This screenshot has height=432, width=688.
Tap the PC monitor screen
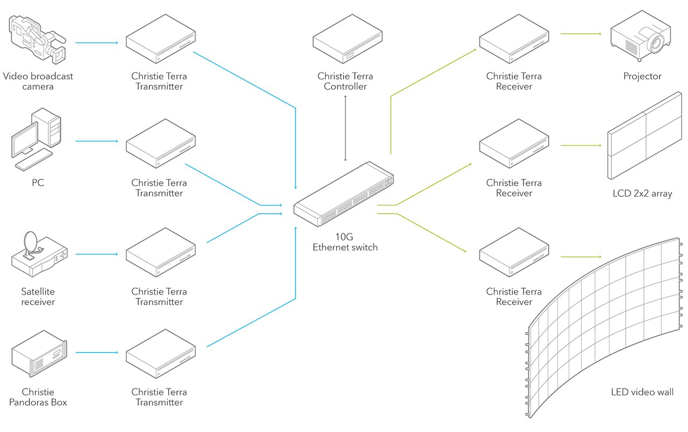[25, 141]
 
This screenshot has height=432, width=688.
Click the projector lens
[656, 42]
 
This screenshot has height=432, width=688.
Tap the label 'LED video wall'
[642, 392]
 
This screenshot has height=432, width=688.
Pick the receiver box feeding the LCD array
[514, 147]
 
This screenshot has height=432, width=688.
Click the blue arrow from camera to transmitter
[97, 42]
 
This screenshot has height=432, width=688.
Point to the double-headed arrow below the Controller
[345, 128]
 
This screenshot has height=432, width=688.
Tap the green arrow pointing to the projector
[580, 34]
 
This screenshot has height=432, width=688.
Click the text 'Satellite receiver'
[38, 297]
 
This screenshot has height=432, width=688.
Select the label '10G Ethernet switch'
[345, 242]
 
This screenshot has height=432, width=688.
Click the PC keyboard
[33, 160]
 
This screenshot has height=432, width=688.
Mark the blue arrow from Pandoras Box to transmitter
[97, 353]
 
